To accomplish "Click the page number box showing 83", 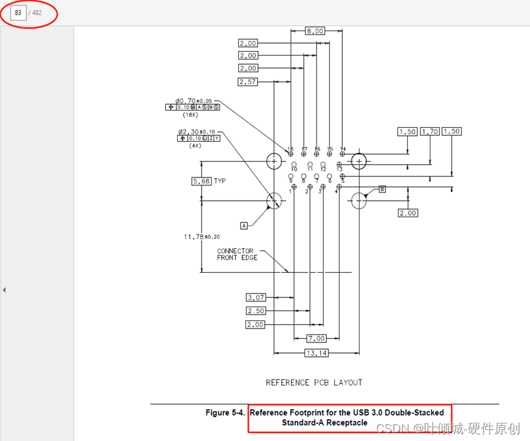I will pyautogui.click(x=18, y=13).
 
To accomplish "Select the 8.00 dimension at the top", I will pyautogui.click(x=314, y=31).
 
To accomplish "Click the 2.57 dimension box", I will pyautogui.click(x=247, y=82).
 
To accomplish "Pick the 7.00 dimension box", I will pyautogui.click(x=317, y=338).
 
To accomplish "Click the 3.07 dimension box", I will pyautogui.click(x=255, y=297).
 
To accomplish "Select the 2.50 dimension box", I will pyautogui.click(x=255, y=311).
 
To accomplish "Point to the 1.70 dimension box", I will pyautogui.click(x=430, y=132).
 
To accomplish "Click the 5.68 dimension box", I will pyautogui.click(x=201, y=181).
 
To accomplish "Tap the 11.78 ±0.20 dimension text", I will pyautogui.click(x=202, y=236).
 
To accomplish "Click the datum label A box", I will pyautogui.click(x=243, y=226).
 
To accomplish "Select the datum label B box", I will pyautogui.click(x=382, y=189).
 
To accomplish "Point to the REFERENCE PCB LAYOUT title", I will pyautogui.click(x=314, y=383).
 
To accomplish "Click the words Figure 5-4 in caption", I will pyautogui.click(x=225, y=413).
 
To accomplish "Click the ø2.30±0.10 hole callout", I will pyautogui.click(x=196, y=132).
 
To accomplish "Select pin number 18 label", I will pyautogui.click(x=290, y=149).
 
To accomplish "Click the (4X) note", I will pyautogui.click(x=195, y=145).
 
